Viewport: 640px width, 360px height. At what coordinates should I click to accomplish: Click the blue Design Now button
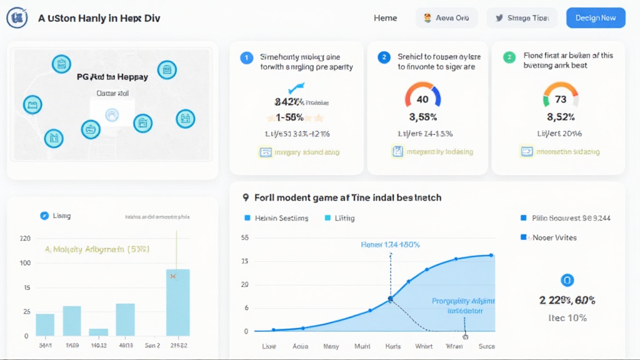tap(595, 18)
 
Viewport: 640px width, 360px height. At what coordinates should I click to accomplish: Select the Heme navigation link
tap(385, 18)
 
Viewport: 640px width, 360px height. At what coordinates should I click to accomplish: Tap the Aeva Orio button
tap(446, 18)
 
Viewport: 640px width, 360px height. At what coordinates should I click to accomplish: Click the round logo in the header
tap(17, 18)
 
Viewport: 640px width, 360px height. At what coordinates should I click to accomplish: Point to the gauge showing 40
tap(422, 97)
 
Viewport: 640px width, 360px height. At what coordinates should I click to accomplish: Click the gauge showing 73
tap(561, 97)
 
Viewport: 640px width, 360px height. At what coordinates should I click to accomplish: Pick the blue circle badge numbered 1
tap(246, 57)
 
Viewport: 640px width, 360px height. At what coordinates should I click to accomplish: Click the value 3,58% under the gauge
tap(422, 117)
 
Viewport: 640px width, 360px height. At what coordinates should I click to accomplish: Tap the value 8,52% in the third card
tap(561, 117)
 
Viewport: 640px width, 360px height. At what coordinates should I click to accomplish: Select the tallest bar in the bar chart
tap(177, 302)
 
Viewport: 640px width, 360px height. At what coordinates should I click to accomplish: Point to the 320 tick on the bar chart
tap(25, 238)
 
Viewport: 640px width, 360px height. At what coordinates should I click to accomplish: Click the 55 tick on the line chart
tap(244, 238)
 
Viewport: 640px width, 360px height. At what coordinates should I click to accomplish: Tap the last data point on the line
tap(491, 255)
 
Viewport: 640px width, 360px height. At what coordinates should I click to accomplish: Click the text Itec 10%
tap(567, 317)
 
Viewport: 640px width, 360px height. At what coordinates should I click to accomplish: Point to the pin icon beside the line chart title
tap(246, 197)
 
